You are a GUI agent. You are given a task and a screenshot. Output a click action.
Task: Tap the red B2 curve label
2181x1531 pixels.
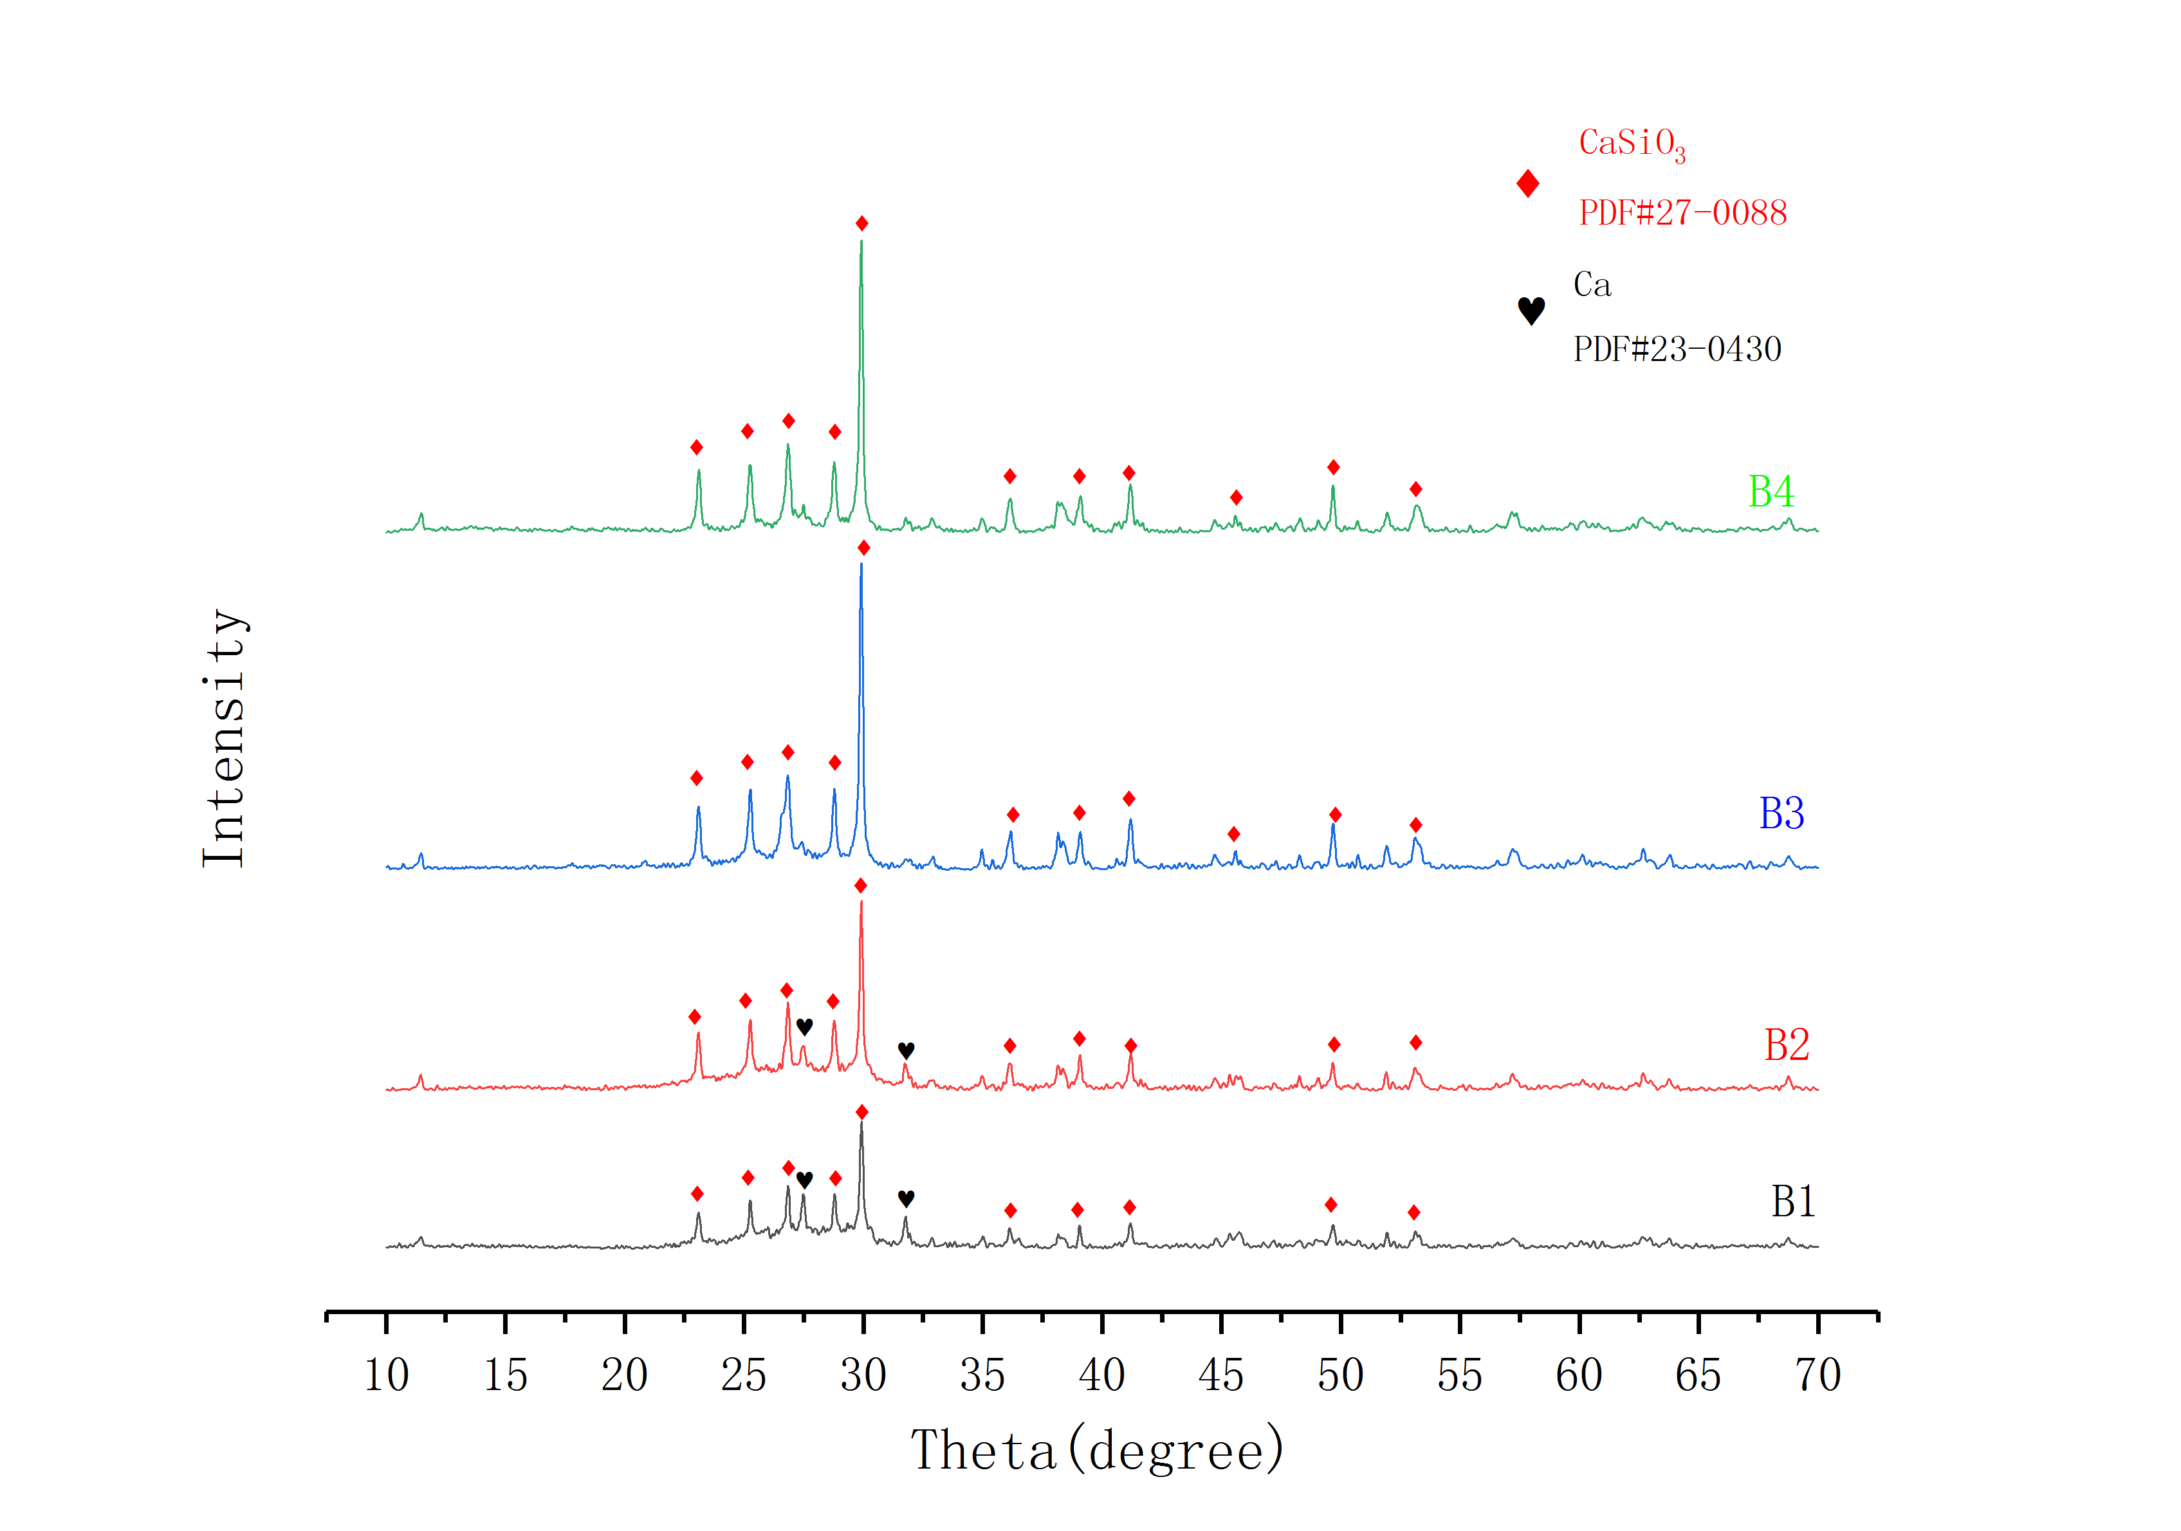point(1787,1045)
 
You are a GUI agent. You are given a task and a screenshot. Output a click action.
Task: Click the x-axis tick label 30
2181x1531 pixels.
point(863,1375)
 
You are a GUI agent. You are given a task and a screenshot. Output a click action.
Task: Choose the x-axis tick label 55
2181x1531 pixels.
point(1459,1375)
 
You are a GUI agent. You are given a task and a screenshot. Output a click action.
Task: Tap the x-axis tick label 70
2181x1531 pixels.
point(1818,1375)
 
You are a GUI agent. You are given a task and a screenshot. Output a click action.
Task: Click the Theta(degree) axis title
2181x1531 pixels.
point(1097,1450)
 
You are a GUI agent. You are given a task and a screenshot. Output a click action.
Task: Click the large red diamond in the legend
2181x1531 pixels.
point(1527,183)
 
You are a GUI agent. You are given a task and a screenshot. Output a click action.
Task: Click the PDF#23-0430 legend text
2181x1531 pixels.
point(1677,349)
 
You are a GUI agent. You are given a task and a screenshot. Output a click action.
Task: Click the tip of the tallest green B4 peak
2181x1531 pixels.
point(861,241)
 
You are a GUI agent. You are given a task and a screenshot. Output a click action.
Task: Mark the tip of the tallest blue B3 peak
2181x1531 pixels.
point(861,564)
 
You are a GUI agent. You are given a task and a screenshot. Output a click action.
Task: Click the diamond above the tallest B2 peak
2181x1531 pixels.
point(861,886)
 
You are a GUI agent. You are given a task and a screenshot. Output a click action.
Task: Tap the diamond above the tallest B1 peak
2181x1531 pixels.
point(861,1112)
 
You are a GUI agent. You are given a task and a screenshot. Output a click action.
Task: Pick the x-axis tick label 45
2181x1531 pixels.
point(1220,1375)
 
